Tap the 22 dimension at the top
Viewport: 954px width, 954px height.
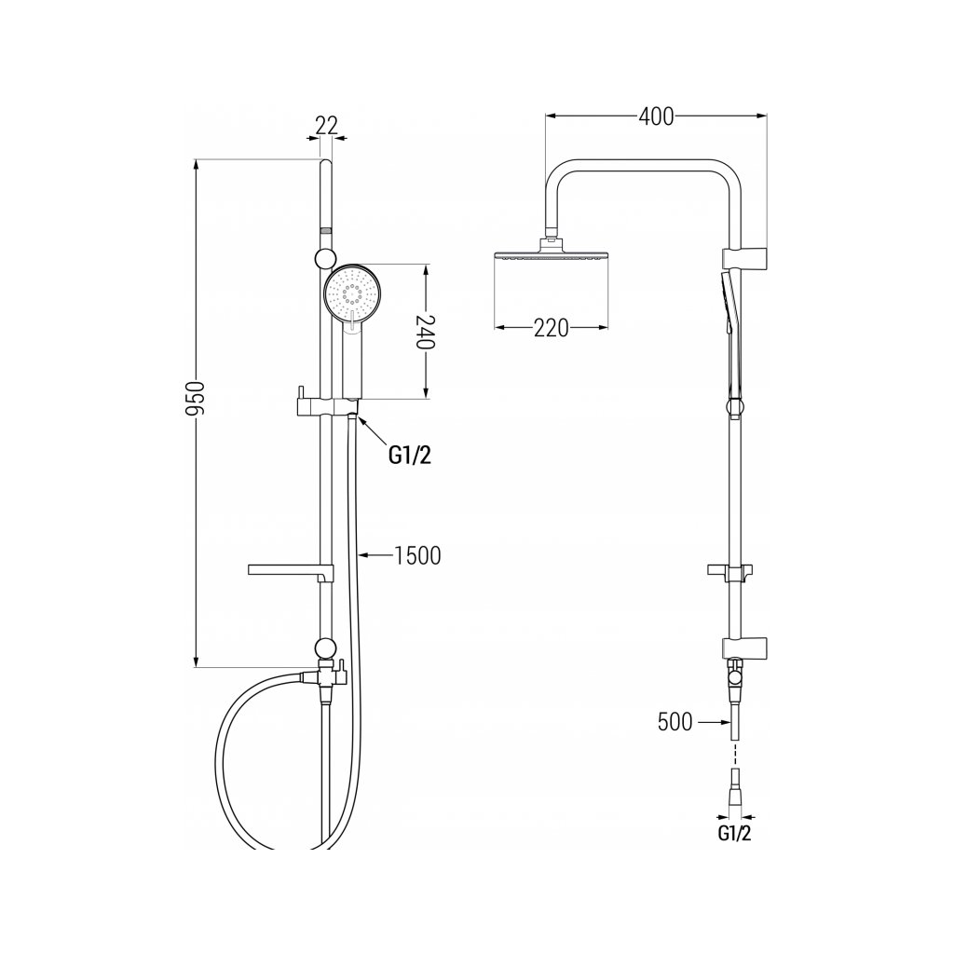325,125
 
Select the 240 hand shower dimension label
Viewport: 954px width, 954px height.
425,331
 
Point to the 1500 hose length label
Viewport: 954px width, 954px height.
416,556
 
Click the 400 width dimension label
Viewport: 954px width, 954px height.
656,116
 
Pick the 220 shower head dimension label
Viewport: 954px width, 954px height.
551,328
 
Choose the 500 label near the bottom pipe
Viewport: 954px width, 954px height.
675,722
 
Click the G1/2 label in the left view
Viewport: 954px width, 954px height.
410,456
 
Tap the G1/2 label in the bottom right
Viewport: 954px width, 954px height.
734,835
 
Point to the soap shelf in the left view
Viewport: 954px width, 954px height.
284,569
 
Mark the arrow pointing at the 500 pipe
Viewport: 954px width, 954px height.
712,722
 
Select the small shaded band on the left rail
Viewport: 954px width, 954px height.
325,229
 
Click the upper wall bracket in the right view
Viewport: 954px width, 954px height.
745,255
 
